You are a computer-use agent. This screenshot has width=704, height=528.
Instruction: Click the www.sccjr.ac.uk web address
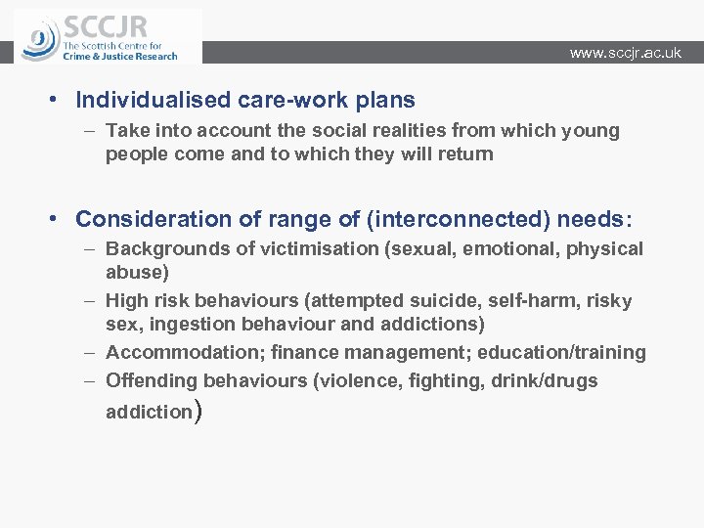point(625,53)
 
